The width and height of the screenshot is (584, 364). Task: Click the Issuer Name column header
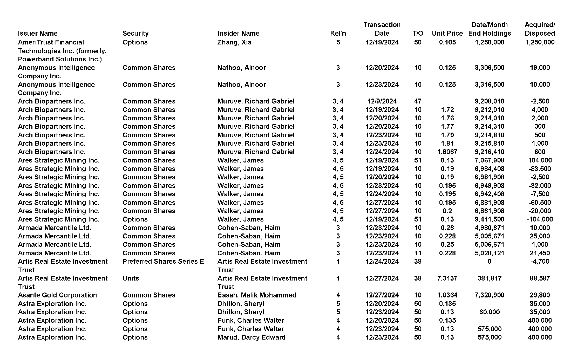pyautogui.click(x=38, y=33)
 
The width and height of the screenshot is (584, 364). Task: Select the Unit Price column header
pyautogui.click(x=447, y=33)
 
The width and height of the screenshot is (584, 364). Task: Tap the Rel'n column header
pyautogui.click(x=338, y=33)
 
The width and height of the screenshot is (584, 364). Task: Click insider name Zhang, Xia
pyautogui.click(x=234, y=42)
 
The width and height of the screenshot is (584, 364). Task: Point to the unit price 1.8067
pyautogui.click(x=447, y=152)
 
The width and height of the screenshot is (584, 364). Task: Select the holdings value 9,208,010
pyautogui.click(x=489, y=101)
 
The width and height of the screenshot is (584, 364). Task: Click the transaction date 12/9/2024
pyautogui.click(x=382, y=101)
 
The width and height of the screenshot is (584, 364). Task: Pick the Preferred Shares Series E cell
pyautogui.click(x=163, y=261)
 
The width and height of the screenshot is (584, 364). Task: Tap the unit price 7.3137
pyautogui.click(x=447, y=278)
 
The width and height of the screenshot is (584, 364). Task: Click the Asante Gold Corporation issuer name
pyautogui.click(x=57, y=295)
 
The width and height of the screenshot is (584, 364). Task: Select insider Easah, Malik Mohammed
pyautogui.click(x=256, y=295)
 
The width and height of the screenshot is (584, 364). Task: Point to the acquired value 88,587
pyautogui.click(x=540, y=278)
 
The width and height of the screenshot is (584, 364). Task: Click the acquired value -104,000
pyautogui.click(x=540, y=219)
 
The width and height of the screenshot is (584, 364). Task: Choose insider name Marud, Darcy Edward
pyautogui.click(x=251, y=337)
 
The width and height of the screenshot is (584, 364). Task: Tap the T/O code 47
pyautogui.click(x=418, y=101)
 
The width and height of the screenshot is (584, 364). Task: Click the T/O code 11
pyautogui.click(x=418, y=253)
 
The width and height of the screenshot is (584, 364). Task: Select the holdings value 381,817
pyautogui.click(x=489, y=278)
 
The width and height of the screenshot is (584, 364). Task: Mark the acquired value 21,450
pyautogui.click(x=540, y=253)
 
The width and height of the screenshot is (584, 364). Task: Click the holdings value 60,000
pyautogui.click(x=489, y=312)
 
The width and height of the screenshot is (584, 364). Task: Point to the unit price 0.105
pyautogui.click(x=447, y=42)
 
